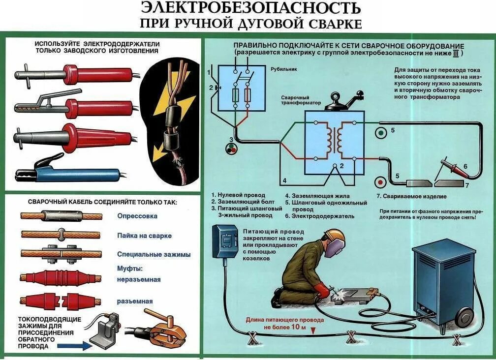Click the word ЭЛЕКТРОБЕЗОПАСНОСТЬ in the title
[250, 8]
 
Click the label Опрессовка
[137, 216]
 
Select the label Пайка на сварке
[144, 236]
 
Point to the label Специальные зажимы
[154, 254]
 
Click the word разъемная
[134, 301]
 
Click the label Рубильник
[284, 69]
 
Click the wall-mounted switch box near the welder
[225, 241]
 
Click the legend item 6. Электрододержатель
[322, 215]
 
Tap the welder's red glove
[322, 290]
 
